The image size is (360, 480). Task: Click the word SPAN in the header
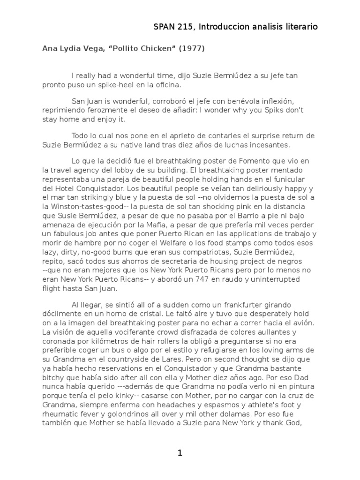tap(164, 27)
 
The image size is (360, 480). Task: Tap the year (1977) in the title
tap(190, 48)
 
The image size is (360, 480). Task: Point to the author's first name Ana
tap(49, 48)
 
